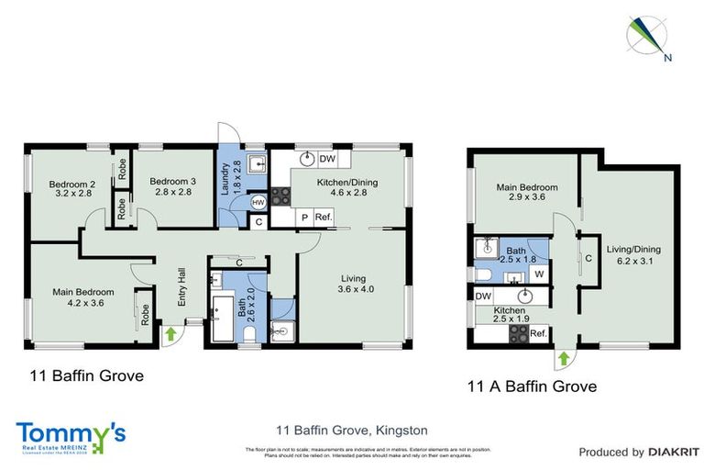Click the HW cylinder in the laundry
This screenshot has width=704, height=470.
coord(258,202)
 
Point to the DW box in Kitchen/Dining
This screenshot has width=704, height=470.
coord(326,158)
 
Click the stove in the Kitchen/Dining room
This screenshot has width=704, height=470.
coord(280,196)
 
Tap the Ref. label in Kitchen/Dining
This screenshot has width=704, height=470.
coord(322,217)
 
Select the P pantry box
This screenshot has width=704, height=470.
coord(304,217)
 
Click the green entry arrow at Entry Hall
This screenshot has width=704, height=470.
coord(170,333)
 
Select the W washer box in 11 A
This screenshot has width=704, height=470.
coord(539,273)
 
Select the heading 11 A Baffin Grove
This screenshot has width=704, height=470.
coord(531,386)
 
